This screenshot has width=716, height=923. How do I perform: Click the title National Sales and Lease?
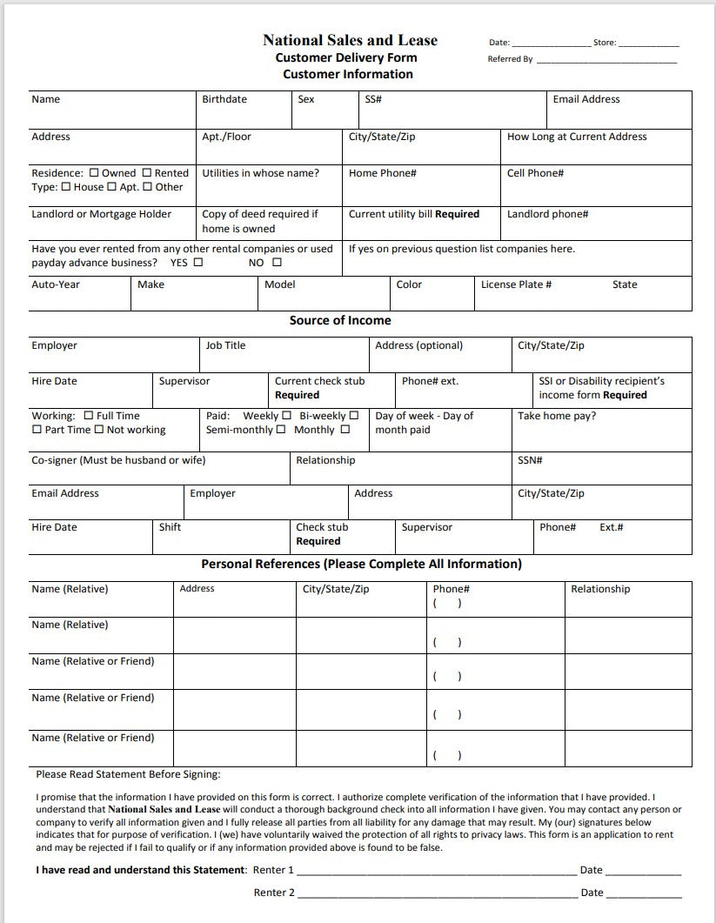click(350, 40)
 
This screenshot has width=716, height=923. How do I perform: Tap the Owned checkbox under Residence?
click(94, 173)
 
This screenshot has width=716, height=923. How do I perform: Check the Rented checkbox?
click(147, 173)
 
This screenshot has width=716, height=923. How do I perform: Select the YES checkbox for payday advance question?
click(198, 263)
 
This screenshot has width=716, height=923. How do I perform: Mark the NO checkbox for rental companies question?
click(277, 263)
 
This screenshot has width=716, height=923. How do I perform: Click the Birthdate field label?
click(224, 99)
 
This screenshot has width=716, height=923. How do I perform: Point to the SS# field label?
click(373, 99)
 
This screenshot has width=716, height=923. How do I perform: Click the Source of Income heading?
click(340, 320)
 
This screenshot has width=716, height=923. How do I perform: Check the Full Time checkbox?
click(89, 416)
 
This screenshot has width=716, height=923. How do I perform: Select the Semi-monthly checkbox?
click(281, 430)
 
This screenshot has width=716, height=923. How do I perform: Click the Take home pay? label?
click(557, 416)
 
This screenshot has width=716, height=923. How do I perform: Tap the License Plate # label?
click(516, 284)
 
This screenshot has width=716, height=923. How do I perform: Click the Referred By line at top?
click(606, 60)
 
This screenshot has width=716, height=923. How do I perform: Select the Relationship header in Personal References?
click(600, 589)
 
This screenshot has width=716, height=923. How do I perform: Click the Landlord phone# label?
click(547, 214)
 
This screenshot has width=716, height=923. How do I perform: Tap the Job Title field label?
click(225, 345)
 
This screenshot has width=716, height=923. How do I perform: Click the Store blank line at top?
click(648, 43)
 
